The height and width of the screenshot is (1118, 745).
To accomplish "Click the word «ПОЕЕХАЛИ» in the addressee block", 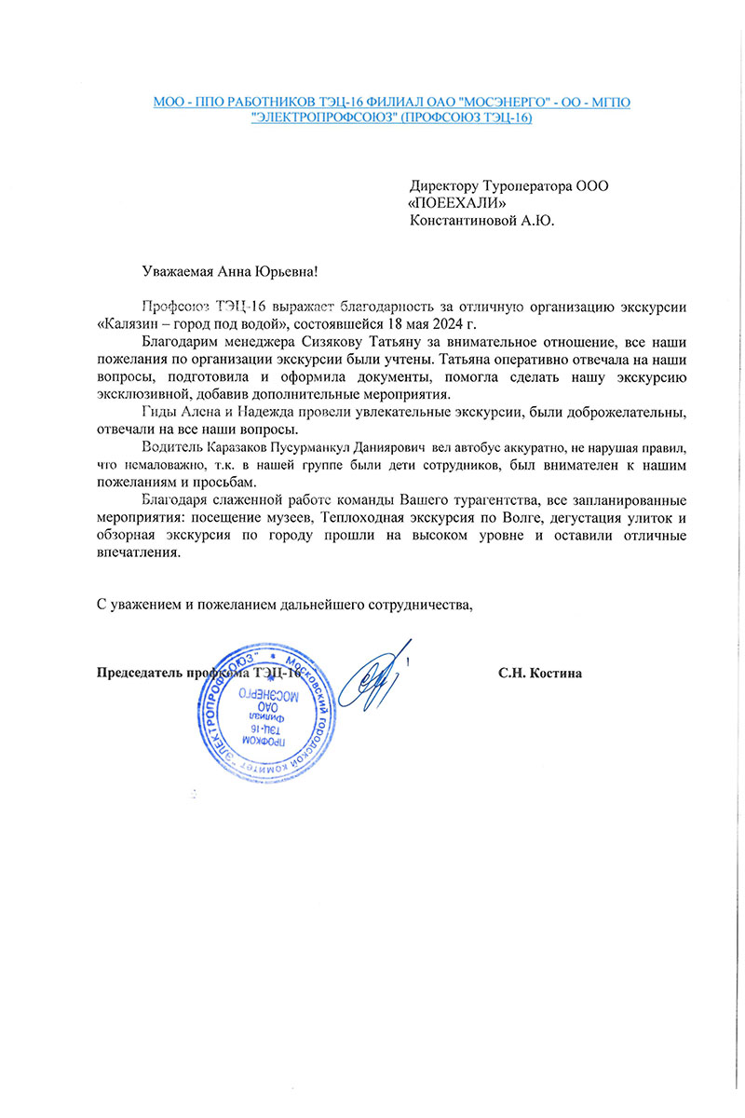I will (457, 203).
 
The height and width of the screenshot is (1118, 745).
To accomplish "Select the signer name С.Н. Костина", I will (540, 673).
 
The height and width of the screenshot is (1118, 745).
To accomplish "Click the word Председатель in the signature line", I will (139, 673).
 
